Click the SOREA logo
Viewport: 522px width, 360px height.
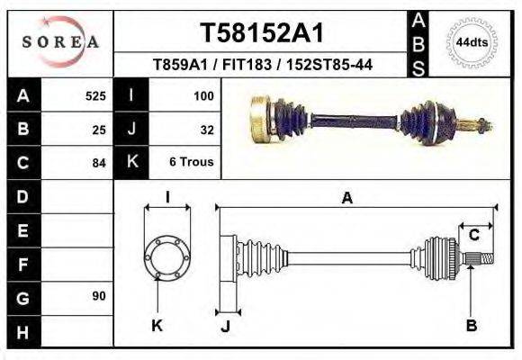click(60, 42)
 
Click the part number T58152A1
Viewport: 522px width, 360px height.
click(261, 33)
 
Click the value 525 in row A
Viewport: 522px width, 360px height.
click(95, 95)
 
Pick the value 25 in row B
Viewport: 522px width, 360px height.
click(99, 129)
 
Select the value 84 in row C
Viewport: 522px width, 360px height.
click(99, 163)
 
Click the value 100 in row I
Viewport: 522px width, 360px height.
click(203, 95)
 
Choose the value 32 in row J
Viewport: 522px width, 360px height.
click(207, 129)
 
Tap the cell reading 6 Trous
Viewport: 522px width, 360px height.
click(191, 163)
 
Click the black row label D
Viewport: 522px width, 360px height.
click(22, 196)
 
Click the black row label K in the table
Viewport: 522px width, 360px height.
click(131, 162)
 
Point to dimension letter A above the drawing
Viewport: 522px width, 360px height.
click(346, 199)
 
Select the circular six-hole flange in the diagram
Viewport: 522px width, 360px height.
click(167, 257)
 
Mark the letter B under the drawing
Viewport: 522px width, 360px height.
click(471, 326)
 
